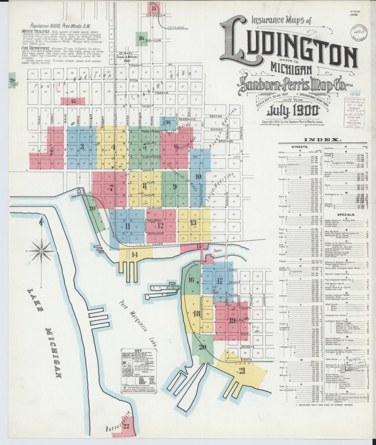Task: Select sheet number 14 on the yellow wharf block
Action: (135, 255)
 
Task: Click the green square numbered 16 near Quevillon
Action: (141, 38)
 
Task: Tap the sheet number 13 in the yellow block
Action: (193, 223)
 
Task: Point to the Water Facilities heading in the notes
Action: (33, 31)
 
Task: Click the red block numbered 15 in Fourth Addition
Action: (73, 101)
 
